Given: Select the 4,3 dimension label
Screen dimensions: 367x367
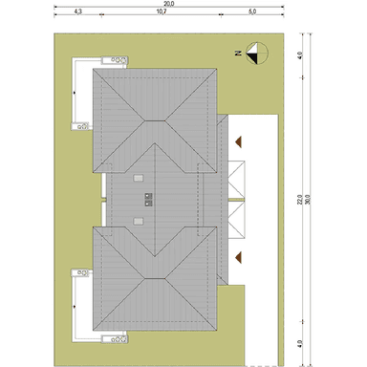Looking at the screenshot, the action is pos(78,11).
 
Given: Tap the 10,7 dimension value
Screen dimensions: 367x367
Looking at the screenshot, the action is pos(162,11).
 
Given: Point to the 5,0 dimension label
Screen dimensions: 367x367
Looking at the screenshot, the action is pos(252,11).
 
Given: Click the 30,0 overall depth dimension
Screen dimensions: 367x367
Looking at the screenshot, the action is pos(308,200).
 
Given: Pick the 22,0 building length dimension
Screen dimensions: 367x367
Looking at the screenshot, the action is pos(300,200).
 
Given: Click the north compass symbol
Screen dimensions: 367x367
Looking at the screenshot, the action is pos(257,54).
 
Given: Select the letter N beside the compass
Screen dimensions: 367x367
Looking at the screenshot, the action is pos(239,54).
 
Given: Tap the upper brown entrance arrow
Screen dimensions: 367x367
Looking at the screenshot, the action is pos(238,141).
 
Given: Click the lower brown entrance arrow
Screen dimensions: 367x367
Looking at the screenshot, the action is pos(238,257).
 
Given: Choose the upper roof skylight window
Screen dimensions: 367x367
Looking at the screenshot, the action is pos(139,178).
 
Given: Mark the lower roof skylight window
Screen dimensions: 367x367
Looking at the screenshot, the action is pos(139,221).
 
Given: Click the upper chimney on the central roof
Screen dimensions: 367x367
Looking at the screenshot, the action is pos(149,196).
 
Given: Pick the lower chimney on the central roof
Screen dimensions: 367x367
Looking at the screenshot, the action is pos(149,204).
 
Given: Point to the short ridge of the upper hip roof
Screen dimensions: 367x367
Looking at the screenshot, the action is pos(155,120).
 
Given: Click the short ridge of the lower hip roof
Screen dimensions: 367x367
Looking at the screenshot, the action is pos(155,279).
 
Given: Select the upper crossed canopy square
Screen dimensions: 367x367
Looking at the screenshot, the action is pos(236,180).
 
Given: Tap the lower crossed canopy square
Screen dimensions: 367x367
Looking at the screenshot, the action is pos(236,220).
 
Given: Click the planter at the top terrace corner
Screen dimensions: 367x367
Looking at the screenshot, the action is pos(115,60).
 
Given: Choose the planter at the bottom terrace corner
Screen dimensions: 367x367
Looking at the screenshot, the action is pos(115,339).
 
